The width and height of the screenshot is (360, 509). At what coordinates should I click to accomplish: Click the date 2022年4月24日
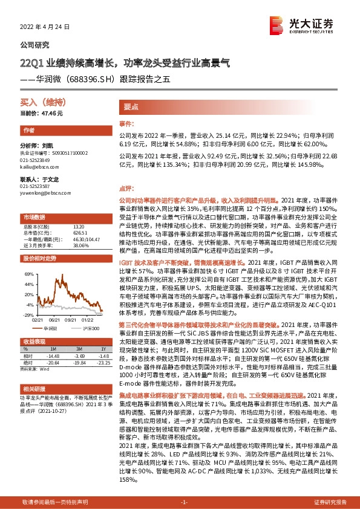[46, 27]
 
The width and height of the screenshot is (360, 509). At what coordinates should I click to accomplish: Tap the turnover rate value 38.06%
[80, 245]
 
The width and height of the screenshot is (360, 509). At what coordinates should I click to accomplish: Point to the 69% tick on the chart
[28, 274]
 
